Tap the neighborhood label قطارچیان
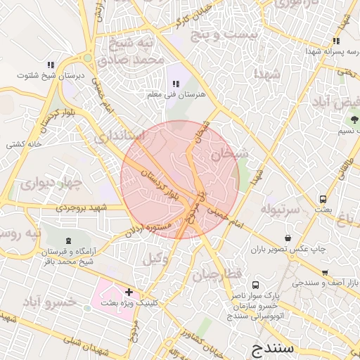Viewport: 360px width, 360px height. pyautogui.click(x=218, y=273)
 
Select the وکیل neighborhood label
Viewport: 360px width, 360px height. pyautogui.click(x=155, y=258)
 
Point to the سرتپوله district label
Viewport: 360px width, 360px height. pyautogui.click(x=281, y=210)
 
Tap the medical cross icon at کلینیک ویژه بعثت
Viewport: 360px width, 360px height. pyautogui.click(x=129, y=291)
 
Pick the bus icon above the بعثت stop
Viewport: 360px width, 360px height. pyautogui.click(x=323, y=199)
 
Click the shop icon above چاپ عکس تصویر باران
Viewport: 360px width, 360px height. pyautogui.click(x=288, y=238)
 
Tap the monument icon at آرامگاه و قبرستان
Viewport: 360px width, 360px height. pyautogui.click(x=67, y=241)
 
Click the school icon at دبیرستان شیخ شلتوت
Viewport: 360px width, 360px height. pyautogui.click(x=51, y=65)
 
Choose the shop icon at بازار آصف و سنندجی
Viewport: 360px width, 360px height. pyautogui.click(x=324, y=273)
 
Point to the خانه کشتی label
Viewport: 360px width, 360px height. pyautogui.click(x=25, y=145)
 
